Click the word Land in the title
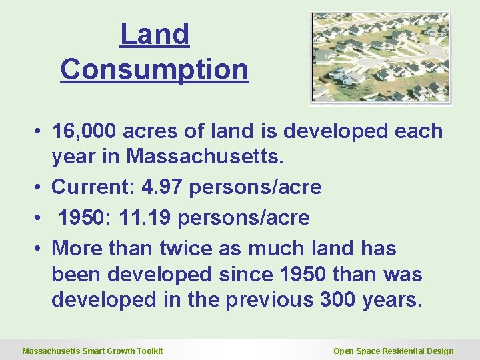coord(155,35)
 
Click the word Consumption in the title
coord(155,69)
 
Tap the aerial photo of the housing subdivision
coord(380,58)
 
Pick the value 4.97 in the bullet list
coord(163,187)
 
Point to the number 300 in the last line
coord(337,300)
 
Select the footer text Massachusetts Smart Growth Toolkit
coord(93,351)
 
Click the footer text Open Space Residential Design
coord(393,351)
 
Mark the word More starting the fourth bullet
coord(76,249)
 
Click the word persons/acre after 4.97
coord(255,187)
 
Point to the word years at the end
coord(393,300)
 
